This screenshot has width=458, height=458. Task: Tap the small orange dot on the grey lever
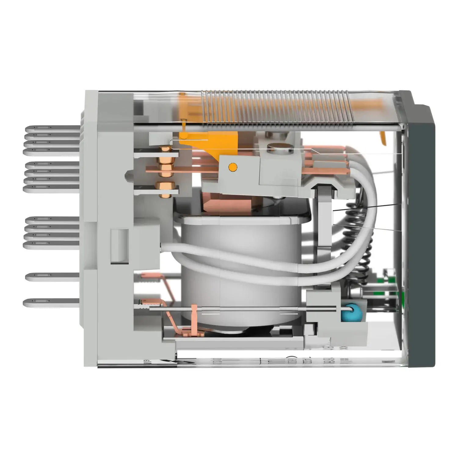coord(232,167)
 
